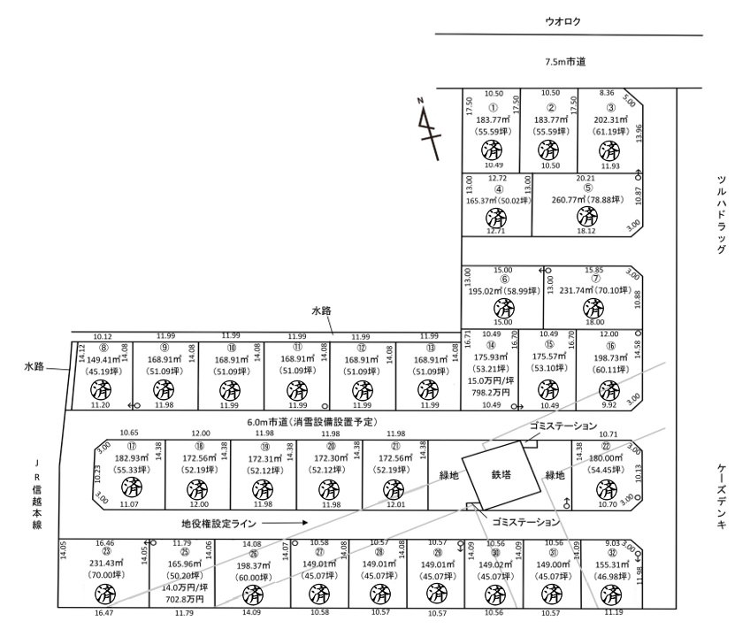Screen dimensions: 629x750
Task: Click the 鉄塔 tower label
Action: [501, 475]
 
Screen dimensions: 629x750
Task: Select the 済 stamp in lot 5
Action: [584, 216]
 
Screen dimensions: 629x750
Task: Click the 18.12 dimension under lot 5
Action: [584, 231]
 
